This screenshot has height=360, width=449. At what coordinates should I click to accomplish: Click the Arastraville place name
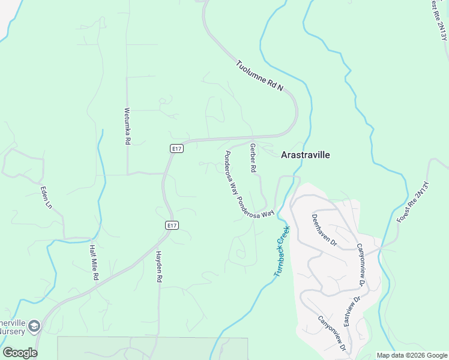[306, 155]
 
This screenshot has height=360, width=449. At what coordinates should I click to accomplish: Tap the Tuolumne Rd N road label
[259, 76]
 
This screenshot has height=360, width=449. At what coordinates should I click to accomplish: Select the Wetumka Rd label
[127, 125]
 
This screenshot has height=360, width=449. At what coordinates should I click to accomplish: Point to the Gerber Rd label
[253, 158]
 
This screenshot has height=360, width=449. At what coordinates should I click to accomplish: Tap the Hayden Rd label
[160, 266]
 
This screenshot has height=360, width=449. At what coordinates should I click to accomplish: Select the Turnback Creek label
[282, 250]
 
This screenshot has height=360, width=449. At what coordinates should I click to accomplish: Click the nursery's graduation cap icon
[34, 326]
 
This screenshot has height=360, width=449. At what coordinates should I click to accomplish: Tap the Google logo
[20, 353]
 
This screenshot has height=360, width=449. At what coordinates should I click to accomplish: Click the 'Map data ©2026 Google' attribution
[411, 355]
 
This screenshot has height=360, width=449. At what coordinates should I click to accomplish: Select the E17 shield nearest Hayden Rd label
[172, 225]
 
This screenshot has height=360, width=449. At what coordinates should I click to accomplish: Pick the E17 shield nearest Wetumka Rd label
[175, 148]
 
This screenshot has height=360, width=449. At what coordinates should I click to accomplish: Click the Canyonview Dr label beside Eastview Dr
[361, 264]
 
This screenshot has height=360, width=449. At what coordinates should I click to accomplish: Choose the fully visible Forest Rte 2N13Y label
[414, 202]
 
